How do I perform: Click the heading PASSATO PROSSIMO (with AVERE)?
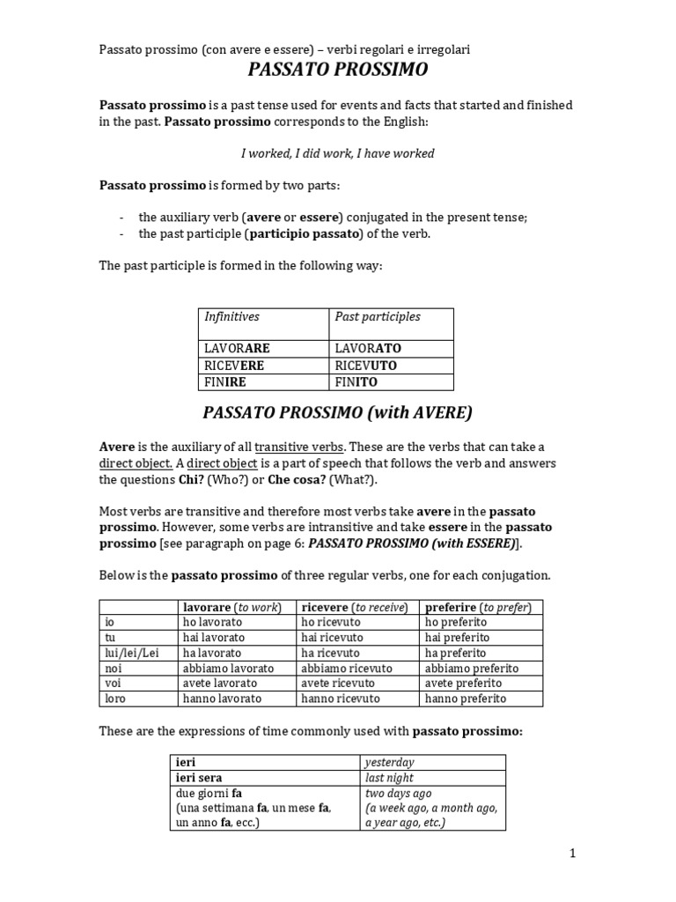337,412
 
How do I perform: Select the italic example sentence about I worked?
337,153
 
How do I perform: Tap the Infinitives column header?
232,316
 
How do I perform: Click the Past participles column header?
378,316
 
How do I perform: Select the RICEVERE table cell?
233,365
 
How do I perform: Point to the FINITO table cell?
356,382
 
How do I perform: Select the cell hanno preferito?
466,699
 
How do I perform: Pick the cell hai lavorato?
213,637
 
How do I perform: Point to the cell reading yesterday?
389,762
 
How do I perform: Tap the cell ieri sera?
199,778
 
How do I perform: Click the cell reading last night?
389,778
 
